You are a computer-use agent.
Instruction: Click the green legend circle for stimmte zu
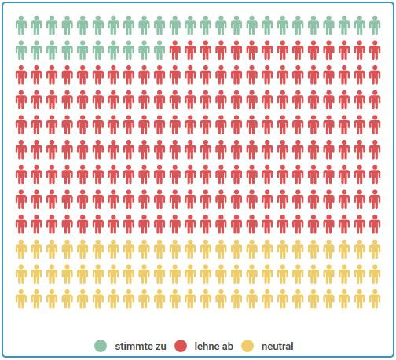(101, 346)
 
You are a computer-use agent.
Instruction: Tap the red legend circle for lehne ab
(181, 346)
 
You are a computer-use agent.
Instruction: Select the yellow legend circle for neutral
(248, 346)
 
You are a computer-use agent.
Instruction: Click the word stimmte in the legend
(131, 346)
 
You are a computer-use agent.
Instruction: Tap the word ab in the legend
(228, 346)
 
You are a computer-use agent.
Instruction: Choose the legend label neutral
(277, 346)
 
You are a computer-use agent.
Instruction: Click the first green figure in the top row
(22, 26)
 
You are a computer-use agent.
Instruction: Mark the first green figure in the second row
(22, 51)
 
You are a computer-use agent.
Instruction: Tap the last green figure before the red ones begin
(160, 51)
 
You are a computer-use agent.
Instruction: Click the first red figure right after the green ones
(175, 51)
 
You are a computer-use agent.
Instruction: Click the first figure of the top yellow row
(22, 249)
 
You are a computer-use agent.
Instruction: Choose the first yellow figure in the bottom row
(22, 299)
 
